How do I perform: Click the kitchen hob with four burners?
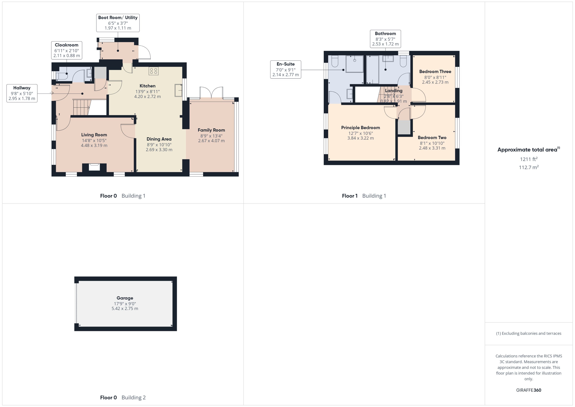point(153,71)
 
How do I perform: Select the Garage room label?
point(125,298)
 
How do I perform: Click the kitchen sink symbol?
point(178,90)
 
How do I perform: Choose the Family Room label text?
point(211,130)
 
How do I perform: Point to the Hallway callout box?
point(22,93)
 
